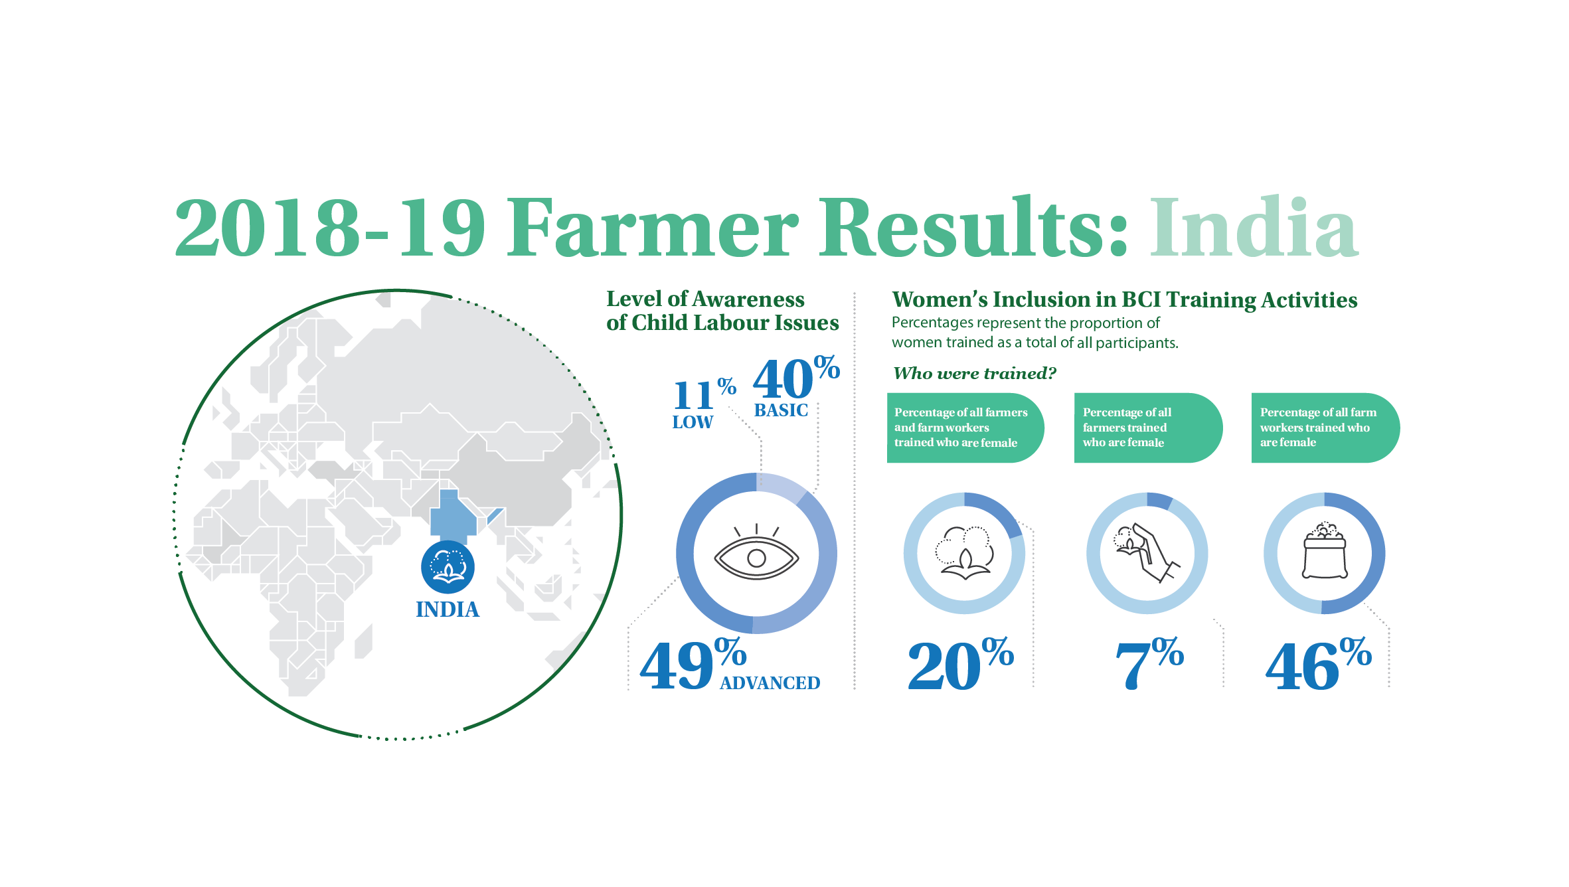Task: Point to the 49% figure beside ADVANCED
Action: [x=693, y=664]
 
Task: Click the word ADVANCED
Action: [x=770, y=683]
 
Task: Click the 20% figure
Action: [x=961, y=664]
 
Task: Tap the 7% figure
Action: [x=1149, y=664]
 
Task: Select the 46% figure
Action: [x=1318, y=664]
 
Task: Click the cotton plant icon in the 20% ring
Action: [x=964, y=553]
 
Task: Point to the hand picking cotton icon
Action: [x=1147, y=553]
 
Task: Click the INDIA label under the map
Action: [x=448, y=609]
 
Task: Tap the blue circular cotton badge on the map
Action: [x=448, y=567]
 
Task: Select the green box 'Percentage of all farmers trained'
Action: [x=1148, y=428]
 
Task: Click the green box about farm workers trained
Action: [x=1325, y=428]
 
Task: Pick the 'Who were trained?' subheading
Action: [x=974, y=373]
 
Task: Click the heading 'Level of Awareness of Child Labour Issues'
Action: [x=722, y=311]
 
